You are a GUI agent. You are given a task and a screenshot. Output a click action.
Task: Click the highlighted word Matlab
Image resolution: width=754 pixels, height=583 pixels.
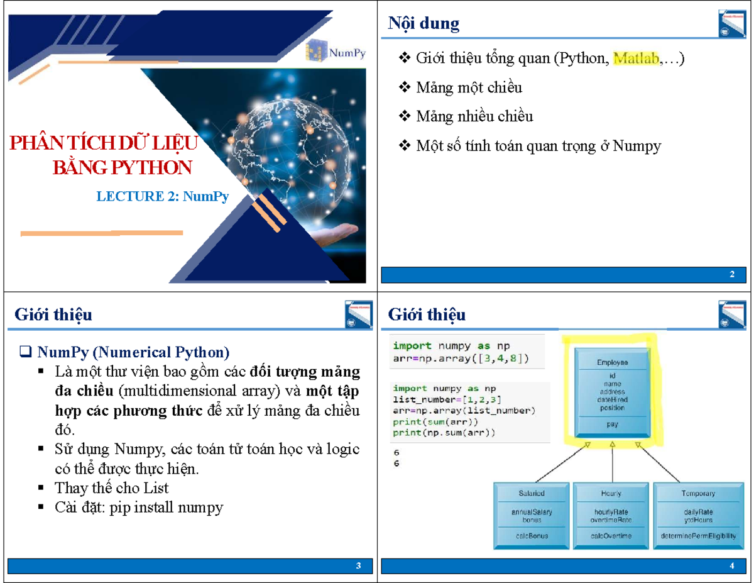pyautogui.click(x=636, y=59)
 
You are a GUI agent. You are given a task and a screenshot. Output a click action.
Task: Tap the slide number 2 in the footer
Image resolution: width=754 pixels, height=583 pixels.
pyautogui.click(x=732, y=275)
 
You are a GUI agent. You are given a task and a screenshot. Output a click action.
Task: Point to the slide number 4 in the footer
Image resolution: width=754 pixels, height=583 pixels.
pyautogui.click(x=732, y=567)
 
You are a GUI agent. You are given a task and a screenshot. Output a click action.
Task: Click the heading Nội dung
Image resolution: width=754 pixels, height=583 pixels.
pyautogui.click(x=423, y=24)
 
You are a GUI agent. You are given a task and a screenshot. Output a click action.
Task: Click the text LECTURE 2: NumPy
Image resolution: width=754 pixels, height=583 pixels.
pyautogui.click(x=162, y=196)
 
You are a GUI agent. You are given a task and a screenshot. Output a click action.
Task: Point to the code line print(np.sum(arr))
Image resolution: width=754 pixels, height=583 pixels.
pyautogui.click(x=444, y=433)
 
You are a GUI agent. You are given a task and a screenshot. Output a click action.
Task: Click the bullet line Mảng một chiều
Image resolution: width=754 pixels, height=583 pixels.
pyautogui.click(x=469, y=87)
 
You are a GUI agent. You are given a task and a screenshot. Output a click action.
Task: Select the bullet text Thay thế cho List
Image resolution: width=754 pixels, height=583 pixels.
pyautogui.click(x=111, y=488)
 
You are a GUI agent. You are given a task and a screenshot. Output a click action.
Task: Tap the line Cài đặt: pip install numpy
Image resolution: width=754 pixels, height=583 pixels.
pyautogui.click(x=139, y=507)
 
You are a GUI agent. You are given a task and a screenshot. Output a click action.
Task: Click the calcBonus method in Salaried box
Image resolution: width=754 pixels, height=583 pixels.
pyautogui.click(x=532, y=536)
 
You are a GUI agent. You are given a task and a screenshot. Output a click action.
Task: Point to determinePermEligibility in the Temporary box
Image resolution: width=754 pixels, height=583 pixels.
pyautogui.click(x=697, y=536)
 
